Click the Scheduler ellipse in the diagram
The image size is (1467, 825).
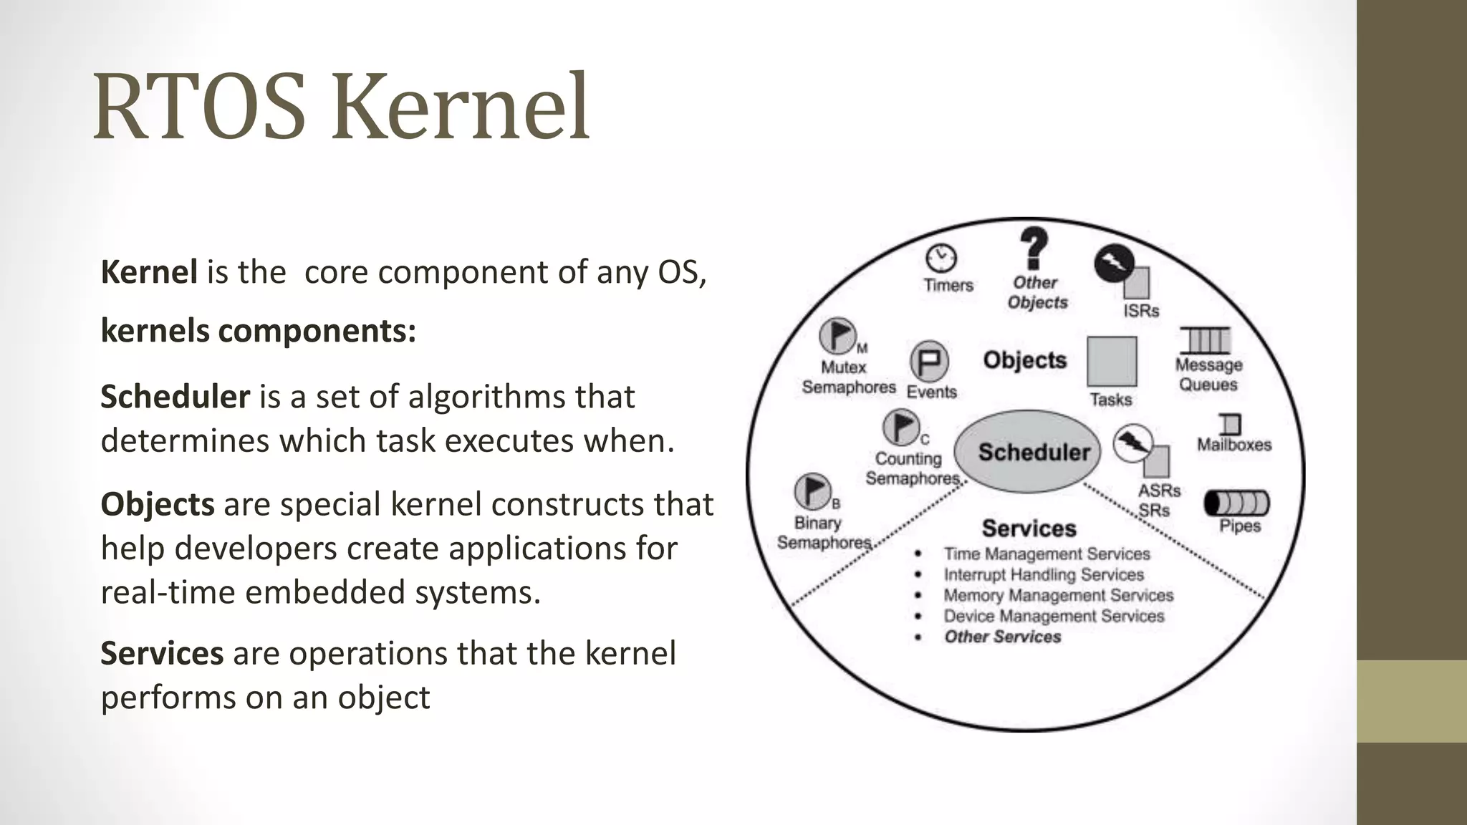1028,451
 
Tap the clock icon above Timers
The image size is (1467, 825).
941,258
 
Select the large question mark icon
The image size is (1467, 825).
1034,248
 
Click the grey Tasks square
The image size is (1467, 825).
1112,361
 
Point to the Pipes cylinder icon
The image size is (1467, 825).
1236,503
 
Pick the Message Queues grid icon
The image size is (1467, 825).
1206,340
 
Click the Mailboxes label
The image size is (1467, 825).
1234,445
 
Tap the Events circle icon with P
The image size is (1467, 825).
929,361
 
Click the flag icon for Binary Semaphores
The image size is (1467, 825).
813,491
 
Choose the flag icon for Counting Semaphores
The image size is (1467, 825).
901,428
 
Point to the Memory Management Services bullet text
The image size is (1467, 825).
1058,595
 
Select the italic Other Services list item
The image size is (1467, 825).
1002,637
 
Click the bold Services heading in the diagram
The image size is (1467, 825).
1029,529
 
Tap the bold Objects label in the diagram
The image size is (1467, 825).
1024,360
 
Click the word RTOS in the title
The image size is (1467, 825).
198,107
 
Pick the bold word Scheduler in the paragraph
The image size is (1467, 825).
175,397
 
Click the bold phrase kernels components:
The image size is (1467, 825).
258,331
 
